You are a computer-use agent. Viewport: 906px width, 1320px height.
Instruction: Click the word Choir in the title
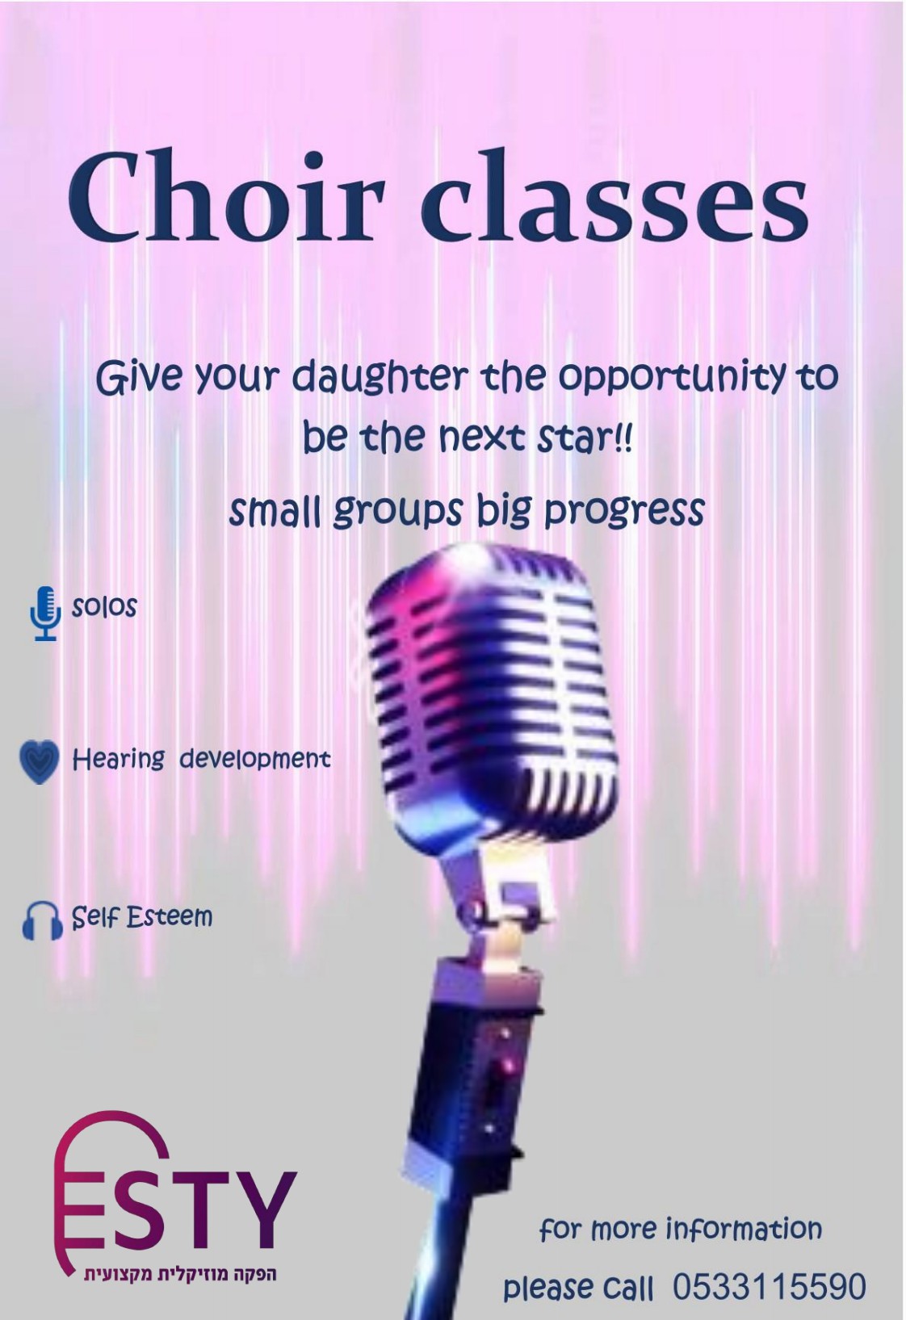coord(226,195)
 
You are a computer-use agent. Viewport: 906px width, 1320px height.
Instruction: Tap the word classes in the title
coord(614,195)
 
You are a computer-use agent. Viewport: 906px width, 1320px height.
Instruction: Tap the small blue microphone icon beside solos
coord(45,613)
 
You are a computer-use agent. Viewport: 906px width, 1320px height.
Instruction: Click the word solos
coord(104,607)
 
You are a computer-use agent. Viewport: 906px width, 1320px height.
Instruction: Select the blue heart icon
coord(40,761)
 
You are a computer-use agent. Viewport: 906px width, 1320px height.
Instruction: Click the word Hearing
coord(119,760)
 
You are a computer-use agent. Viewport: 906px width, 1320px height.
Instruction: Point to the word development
coord(254,760)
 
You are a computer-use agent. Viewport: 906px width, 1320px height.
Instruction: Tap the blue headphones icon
coord(42,920)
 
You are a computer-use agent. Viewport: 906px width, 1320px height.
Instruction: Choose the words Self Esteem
coord(141,917)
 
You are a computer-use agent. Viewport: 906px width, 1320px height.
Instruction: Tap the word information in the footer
coord(744,1230)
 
